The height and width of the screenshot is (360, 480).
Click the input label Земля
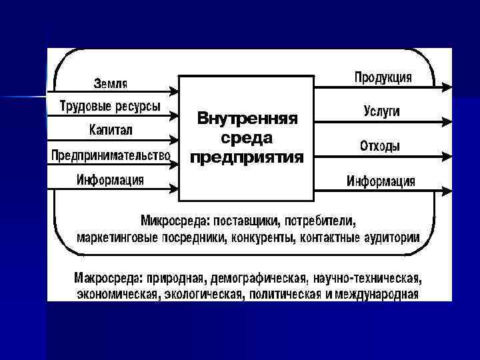[x=111, y=83]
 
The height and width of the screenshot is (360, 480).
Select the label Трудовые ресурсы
[x=109, y=105]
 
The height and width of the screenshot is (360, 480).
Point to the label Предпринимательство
[x=111, y=155]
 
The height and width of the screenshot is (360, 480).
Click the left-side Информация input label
[x=110, y=179]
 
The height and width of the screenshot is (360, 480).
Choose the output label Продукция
[x=383, y=77]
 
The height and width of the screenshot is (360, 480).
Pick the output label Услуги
[x=382, y=111]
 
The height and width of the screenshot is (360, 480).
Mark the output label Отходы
[x=381, y=146]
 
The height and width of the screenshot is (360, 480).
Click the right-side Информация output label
[x=381, y=181]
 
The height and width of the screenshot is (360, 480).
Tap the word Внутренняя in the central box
[x=247, y=119]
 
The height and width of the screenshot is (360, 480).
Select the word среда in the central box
[x=247, y=138]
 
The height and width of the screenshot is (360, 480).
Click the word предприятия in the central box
[x=247, y=158]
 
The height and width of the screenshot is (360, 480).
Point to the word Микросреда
[x=173, y=219]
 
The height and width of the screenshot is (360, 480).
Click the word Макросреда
[x=104, y=277]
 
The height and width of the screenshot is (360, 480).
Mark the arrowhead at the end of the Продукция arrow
[x=447, y=86]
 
